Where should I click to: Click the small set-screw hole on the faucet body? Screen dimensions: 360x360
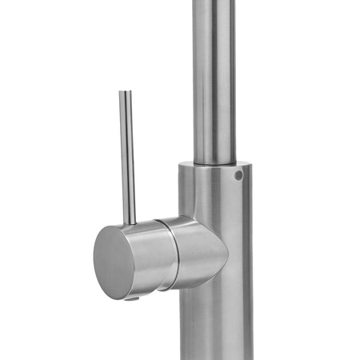pos(238,174)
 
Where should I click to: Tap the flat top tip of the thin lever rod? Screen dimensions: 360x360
pos(124,92)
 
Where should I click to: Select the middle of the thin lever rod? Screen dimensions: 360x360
pos(127,156)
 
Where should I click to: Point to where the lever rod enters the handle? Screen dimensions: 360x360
pos(131,222)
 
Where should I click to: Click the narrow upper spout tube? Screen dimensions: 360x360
pos(213,80)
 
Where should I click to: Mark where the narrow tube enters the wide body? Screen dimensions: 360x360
pos(213,161)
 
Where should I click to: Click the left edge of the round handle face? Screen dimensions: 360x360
pos(94,260)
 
